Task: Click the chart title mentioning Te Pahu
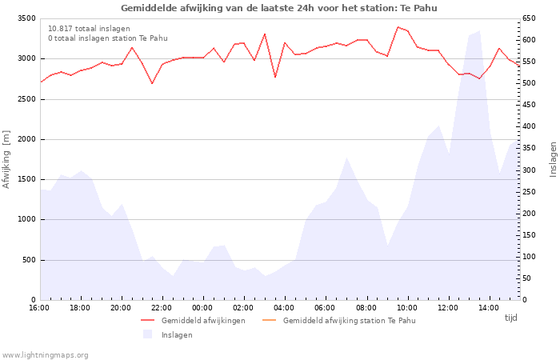point(279,8)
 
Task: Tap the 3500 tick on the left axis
point(25,18)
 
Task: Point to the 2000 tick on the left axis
point(25,139)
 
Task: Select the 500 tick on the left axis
point(27,260)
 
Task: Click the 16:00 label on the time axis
point(39,308)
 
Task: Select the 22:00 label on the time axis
point(162,308)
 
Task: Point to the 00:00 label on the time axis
point(202,308)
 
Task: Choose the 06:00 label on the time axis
point(325,308)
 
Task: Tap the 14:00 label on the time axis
point(488,308)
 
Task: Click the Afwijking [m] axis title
point(7,159)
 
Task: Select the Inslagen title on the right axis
point(552,159)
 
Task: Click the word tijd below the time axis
point(510,318)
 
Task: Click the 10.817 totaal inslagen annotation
point(89,28)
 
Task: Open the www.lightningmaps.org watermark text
point(45,354)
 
